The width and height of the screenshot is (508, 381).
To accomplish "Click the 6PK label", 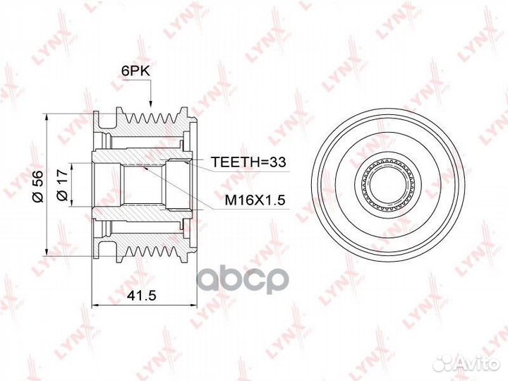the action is pyautogui.click(x=135, y=71).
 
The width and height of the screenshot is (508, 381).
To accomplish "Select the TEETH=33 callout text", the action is pyautogui.click(x=248, y=162).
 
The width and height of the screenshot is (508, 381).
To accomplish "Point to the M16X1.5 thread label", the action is pyautogui.click(x=255, y=200).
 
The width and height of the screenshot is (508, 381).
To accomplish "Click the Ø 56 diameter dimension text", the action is pyautogui.click(x=37, y=186).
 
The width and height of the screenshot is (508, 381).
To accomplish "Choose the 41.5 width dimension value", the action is pyautogui.click(x=142, y=295).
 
